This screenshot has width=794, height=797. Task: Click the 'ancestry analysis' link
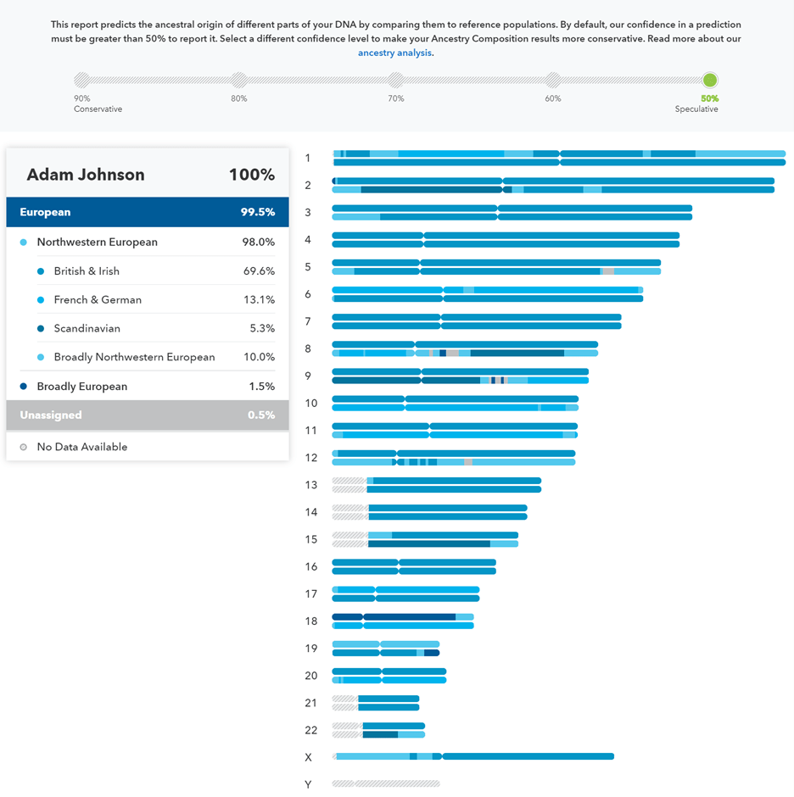click(x=394, y=53)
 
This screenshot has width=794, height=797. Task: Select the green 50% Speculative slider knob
click(x=710, y=81)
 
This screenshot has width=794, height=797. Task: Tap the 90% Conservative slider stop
click(x=81, y=81)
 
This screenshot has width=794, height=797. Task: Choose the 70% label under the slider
click(x=396, y=99)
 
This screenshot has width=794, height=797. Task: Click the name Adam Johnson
click(x=86, y=175)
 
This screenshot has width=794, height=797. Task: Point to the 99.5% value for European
click(x=257, y=213)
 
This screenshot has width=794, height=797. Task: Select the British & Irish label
click(x=87, y=271)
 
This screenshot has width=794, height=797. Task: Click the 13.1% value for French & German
click(x=259, y=300)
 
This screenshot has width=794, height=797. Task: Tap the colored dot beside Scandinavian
click(x=41, y=329)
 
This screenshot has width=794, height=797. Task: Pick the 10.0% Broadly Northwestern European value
click(x=259, y=358)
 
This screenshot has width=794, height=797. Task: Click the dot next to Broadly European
click(x=24, y=387)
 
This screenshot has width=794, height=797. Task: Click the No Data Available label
click(x=82, y=447)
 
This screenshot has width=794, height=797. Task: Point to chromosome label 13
click(x=311, y=485)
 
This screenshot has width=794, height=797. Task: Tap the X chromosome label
click(x=309, y=757)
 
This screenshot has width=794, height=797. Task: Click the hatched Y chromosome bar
click(x=386, y=784)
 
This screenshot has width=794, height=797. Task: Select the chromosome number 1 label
click(x=308, y=158)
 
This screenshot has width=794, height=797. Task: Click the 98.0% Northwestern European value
click(x=259, y=242)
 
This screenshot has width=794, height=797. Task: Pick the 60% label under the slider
click(x=553, y=99)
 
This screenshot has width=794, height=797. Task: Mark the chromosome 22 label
click(x=311, y=730)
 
